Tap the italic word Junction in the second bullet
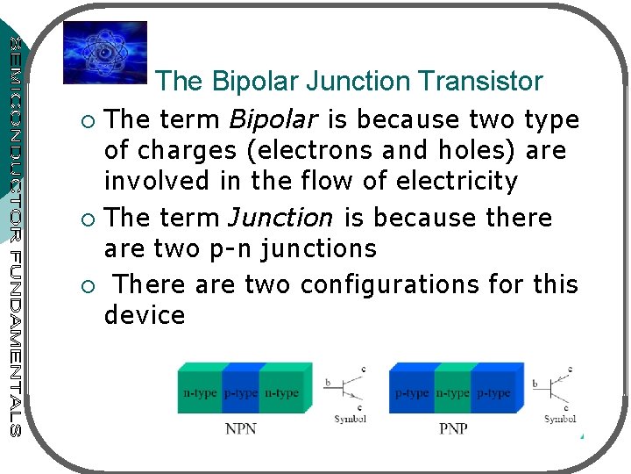[281, 218]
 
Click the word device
[145, 316]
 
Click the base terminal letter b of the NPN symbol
[328, 383]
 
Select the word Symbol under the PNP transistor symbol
[560, 419]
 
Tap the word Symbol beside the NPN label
[350, 419]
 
